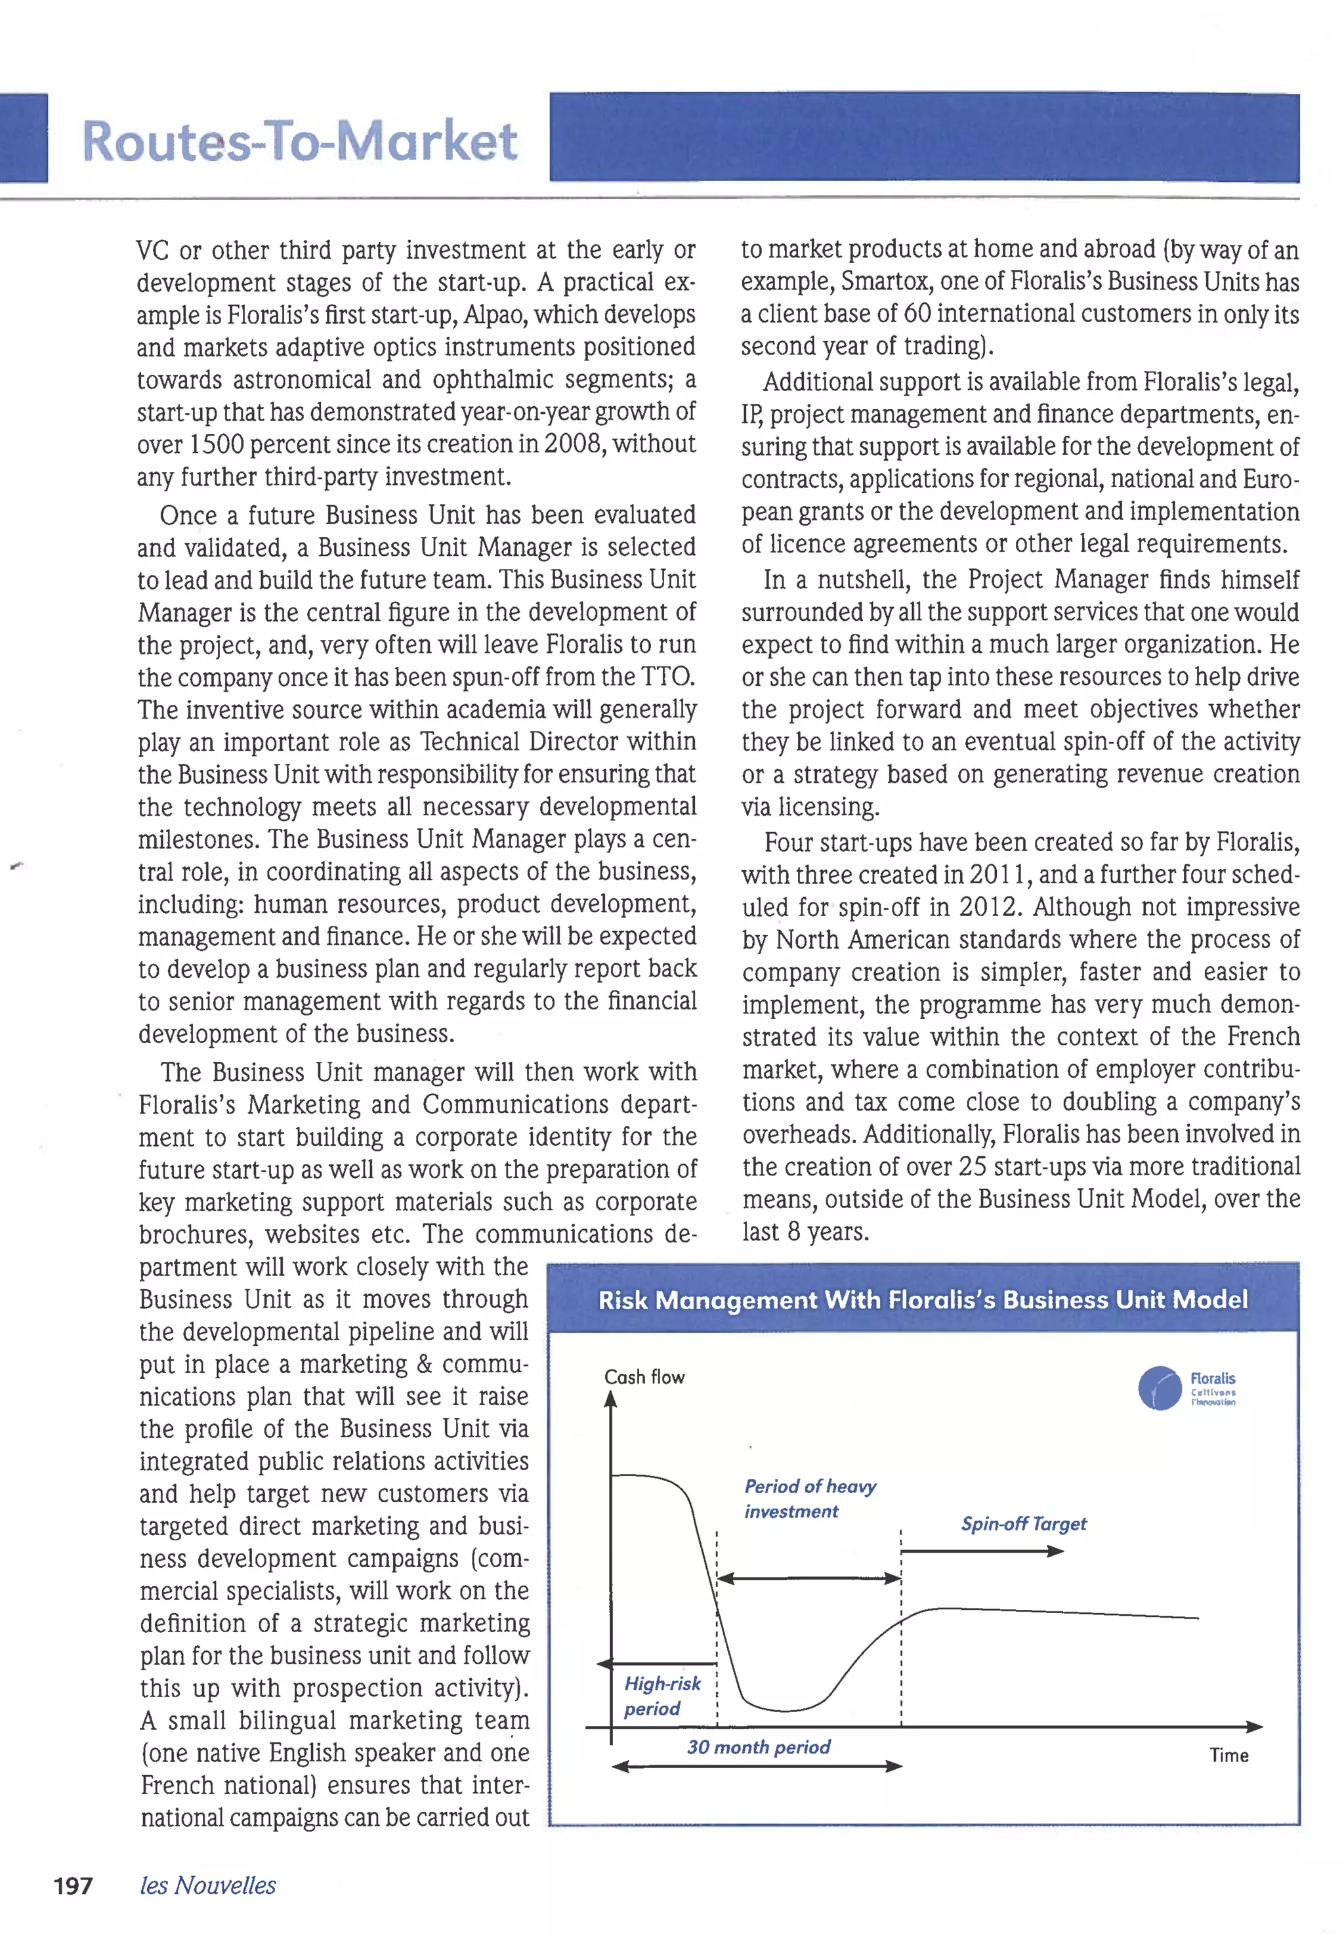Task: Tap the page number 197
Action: click(73, 1885)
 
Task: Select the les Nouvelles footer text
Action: click(208, 1885)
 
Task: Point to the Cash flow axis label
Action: click(644, 1377)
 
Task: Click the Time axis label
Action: click(1228, 1755)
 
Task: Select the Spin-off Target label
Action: click(1024, 1524)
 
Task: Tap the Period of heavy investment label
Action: click(809, 1499)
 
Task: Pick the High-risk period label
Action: click(662, 1696)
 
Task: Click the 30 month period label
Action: click(758, 1747)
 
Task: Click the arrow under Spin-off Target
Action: click(982, 1551)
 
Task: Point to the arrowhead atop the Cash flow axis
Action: click(612, 1399)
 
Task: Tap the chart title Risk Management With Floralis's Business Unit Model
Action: click(923, 1300)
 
